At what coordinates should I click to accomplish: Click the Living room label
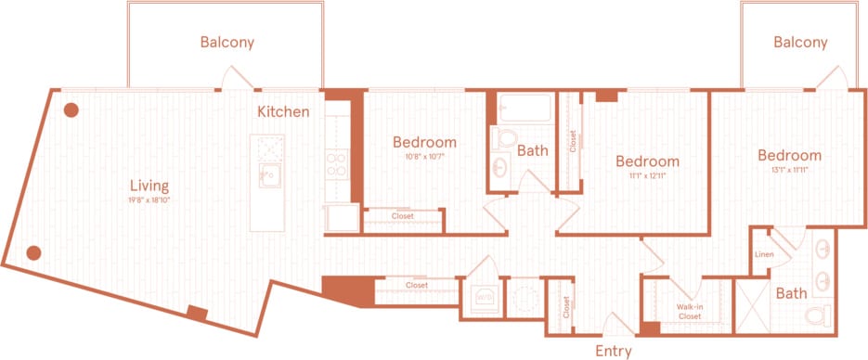pyautogui.click(x=149, y=185)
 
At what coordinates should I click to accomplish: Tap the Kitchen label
pyautogui.click(x=283, y=111)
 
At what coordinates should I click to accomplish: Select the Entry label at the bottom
pyautogui.click(x=613, y=351)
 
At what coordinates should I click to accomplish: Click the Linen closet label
pyautogui.click(x=764, y=253)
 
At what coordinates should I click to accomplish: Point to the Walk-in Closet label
pyautogui.click(x=688, y=311)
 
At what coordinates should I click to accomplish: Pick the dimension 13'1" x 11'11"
pyautogui.click(x=788, y=170)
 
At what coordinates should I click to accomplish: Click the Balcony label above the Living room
pyautogui.click(x=227, y=42)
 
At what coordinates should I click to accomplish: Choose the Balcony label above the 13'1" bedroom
pyautogui.click(x=799, y=42)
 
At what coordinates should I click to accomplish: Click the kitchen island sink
pyautogui.click(x=270, y=174)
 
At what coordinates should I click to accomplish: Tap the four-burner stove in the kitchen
pyautogui.click(x=337, y=164)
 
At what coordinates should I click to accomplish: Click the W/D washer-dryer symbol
pyautogui.click(x=482, y=298)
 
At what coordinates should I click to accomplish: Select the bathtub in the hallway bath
pyautogui.click(x=525, y=110)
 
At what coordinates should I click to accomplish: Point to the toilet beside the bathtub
pyautogui.click(x=504, y=139)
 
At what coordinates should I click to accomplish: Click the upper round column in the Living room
pyautogui.click(x=70, y=110)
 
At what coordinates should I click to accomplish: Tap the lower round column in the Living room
pyautogui.click(x=33, y=251)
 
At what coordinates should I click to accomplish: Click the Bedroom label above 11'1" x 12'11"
pyautogui.click(x=647, y=160)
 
